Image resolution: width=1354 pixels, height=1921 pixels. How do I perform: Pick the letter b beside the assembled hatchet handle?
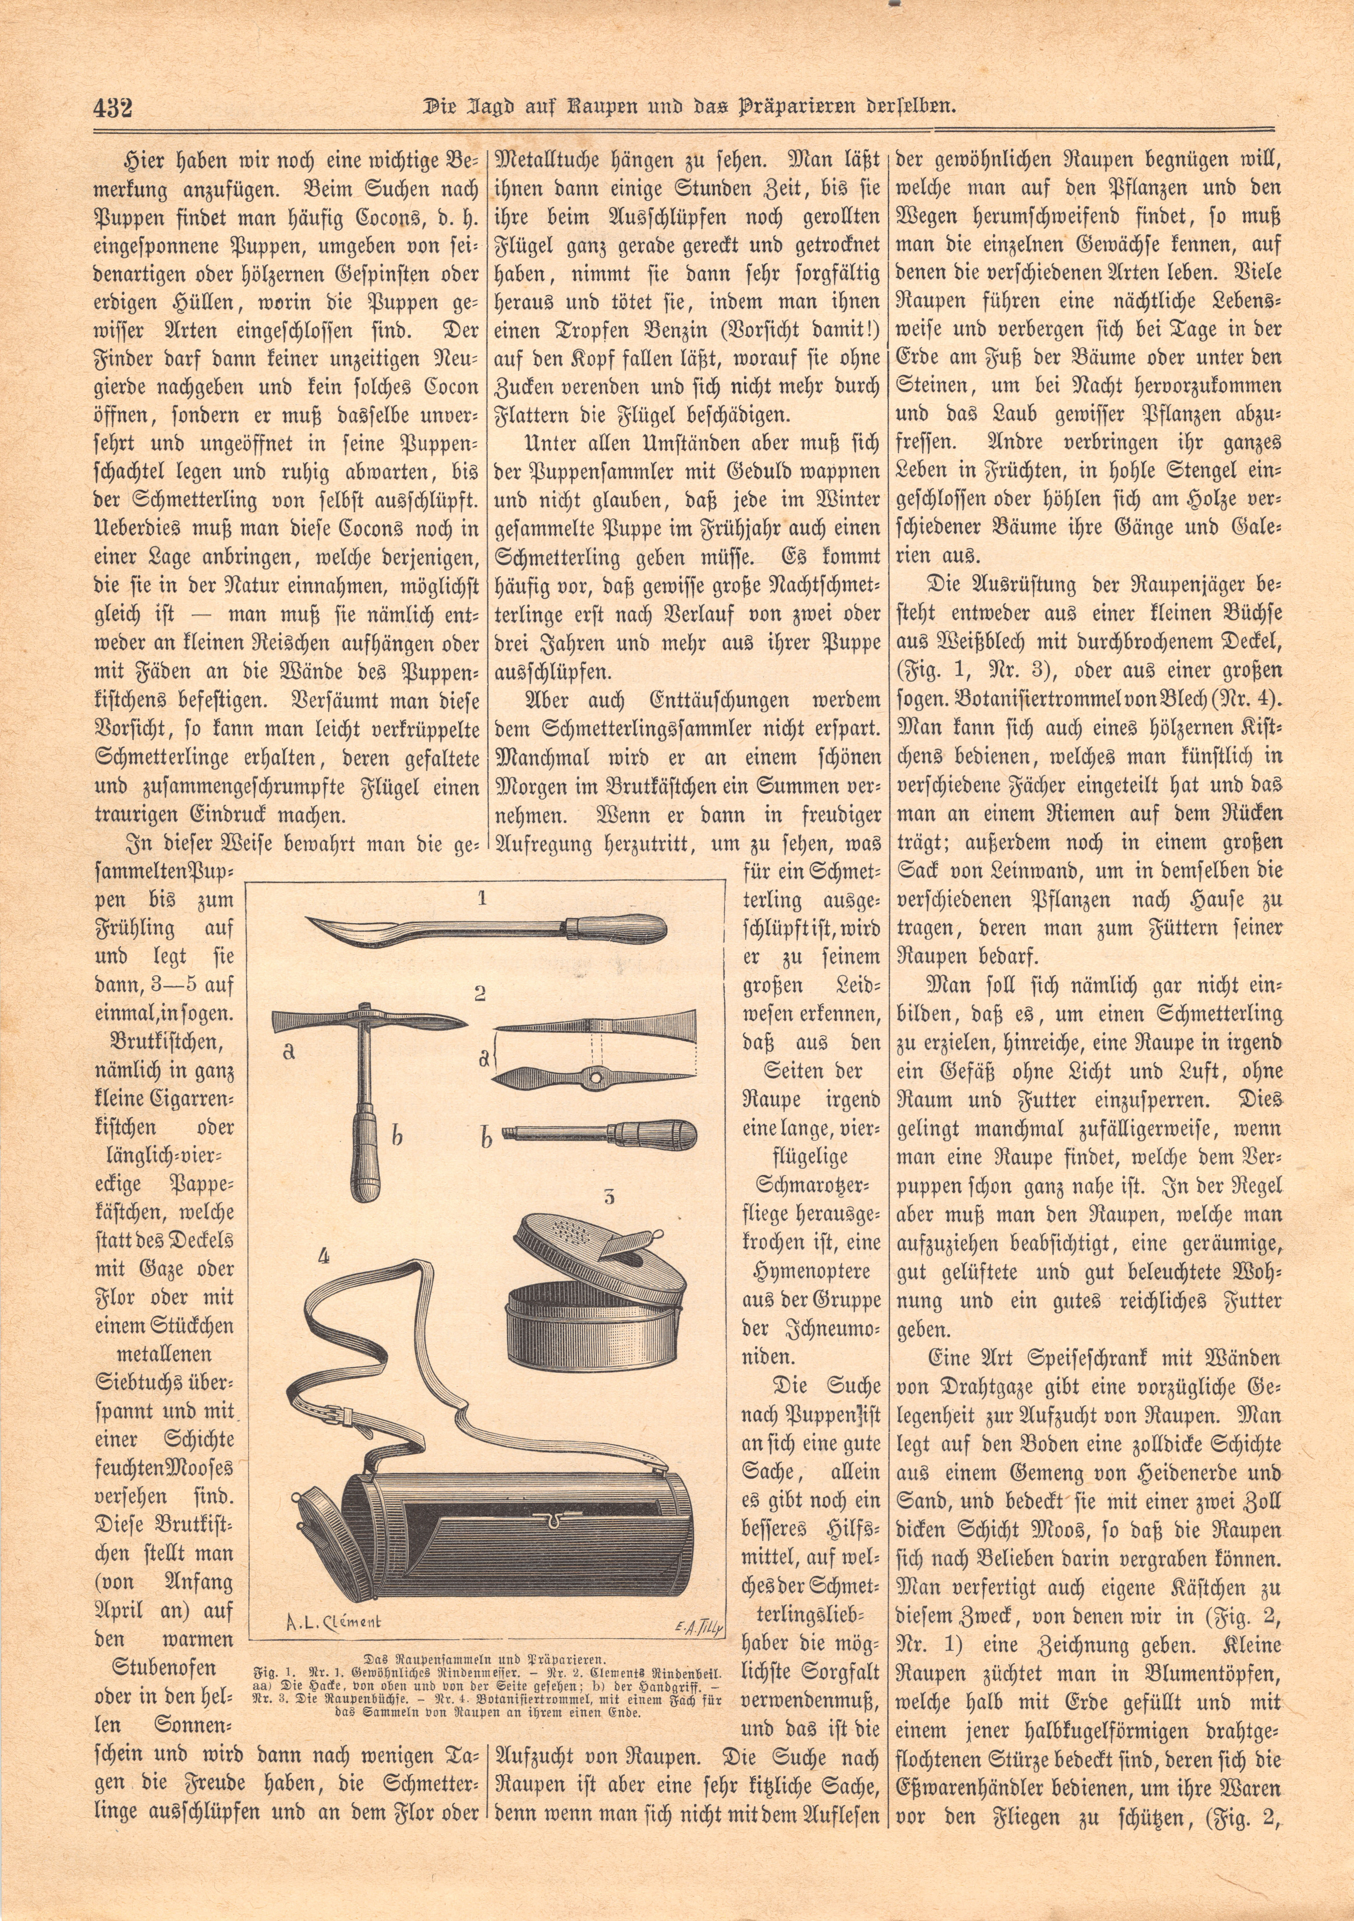(x=398, y=1135)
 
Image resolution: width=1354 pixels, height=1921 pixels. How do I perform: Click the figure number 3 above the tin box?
(x=608, y=1196)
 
